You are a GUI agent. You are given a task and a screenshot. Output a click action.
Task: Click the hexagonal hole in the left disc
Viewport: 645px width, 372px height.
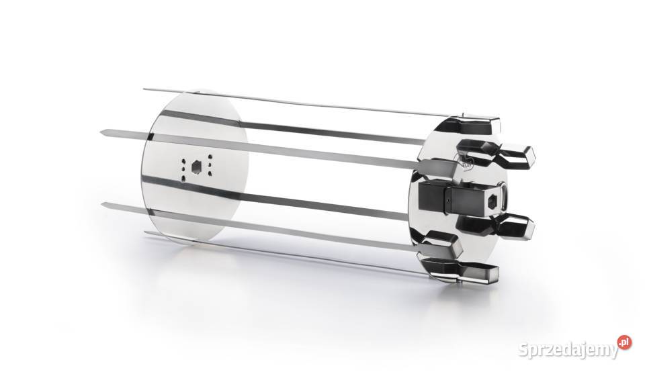(x=197, y=167)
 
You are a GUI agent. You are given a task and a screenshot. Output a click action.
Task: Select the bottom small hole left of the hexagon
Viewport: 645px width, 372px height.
(x=183, y=178)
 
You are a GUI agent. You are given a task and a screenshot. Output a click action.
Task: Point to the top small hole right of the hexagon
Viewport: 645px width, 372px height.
(x=210, y=156)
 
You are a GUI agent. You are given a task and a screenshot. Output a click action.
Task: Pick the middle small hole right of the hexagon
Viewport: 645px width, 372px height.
(x=210, y=165)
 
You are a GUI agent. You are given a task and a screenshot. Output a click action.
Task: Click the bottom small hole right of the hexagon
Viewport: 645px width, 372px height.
(x=210, y=175)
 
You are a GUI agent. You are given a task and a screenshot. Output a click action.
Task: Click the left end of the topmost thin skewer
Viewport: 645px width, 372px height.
(x=144, y=89)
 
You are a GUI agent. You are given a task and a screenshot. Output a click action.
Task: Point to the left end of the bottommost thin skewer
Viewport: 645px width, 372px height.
(x=145, y=233)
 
